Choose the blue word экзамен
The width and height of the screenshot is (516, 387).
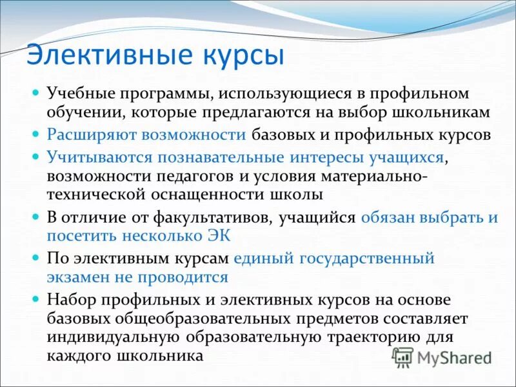(x=84, y=277)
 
